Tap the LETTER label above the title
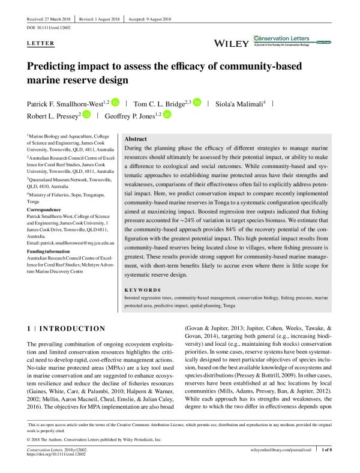[x=41, y=43]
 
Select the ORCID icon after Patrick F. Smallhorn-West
[x=115, y=103]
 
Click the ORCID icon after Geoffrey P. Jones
[x=167, y=115]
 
